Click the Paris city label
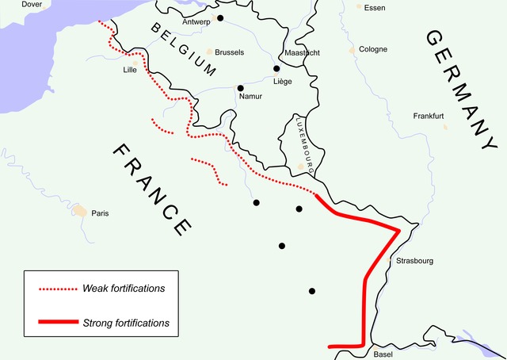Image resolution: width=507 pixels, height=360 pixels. (x=100, y=213)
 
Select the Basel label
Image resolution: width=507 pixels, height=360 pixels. (x=383, y=354)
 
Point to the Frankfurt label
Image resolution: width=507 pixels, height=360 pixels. (x=429, y=116)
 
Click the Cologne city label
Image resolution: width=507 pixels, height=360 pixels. (x=373, y=49)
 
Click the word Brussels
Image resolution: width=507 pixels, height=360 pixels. (x=230, y=52)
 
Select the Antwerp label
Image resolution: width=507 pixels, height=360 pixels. (x=196, y=21)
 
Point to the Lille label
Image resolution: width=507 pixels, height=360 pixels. (x=130, y=70)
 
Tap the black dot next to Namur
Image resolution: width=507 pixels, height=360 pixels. (x=240, y=87)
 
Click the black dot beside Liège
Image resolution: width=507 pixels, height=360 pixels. (x=276, y=69)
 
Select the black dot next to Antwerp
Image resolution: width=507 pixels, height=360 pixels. (x=221, y=18)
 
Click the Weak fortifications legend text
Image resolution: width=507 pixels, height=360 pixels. (x=124, y=288)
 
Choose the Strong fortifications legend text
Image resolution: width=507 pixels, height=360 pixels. (x=126, y=323)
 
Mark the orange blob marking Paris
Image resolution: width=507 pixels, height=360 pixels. (x=80, y=211)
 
